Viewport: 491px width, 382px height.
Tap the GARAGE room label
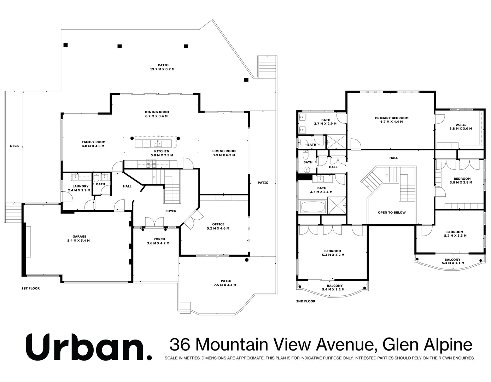click(x=79, y=237)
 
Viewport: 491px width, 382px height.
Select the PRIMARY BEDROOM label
click(x=392, y=118)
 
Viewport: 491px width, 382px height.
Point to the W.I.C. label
click(x=460, y=125)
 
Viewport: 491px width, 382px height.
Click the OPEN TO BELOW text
click(x=392, y=213)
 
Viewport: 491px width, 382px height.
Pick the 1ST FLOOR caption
click(x=31, y=289)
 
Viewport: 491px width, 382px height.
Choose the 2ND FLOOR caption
click(x=305, y=301)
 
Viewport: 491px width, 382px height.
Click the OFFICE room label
click(x=218, y=224)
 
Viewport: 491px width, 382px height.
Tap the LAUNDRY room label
click(x=80, y=186)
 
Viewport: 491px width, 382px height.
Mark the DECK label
click(x=14, y=146)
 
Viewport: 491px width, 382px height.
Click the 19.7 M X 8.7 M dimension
click(x=162, y=69)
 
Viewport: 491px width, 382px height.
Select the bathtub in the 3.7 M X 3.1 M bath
click(x=313, y=207)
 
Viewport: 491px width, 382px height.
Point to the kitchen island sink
click(x=158, y=143)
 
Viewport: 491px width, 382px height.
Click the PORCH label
click(x=159, y=239)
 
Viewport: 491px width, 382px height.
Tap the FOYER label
click(x=171, y=211)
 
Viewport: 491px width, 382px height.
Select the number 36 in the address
click(x=179, y=344)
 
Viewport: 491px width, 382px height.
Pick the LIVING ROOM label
click(x=224, y=151)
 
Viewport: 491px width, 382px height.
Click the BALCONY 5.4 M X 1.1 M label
click(x=452, y=261)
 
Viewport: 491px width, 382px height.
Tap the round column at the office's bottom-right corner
click(x=246, y=260)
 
